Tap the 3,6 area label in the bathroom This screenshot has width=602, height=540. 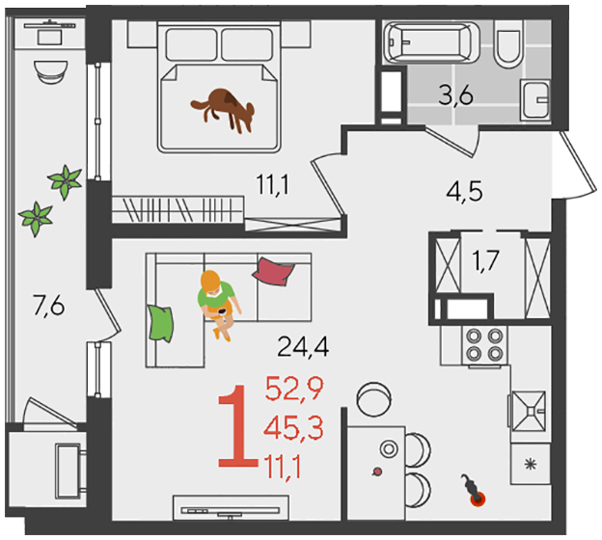pyautogui.click(x=455, y=95)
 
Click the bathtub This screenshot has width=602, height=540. pyautogui.click(x=432, y=42)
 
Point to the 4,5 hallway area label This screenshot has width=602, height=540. pyautogui.click(x=464, y=192)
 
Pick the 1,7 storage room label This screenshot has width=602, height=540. pyautogui.click(x=485, y=261)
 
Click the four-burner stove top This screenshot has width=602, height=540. pyautogui.click(x=485, y=344)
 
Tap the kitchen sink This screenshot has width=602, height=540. pyautogui.click(x=529, y=411)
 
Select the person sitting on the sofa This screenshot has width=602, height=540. pyautogui.click(x=218, y=304)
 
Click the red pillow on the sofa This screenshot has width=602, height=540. pyautogui.click(x=273, y=271)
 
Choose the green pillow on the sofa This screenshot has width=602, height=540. pyautogui.click(x=160, y=322)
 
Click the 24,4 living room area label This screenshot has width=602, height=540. pyautogui.click(x=303, y=346)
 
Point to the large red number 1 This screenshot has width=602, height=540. pyautogui.click(x=236, y=426)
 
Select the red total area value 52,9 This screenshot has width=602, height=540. pyautogui.click(x=294, y=389)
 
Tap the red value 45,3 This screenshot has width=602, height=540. pyautogui.click(x=293, y=428)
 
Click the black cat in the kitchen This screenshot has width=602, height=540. pyautogui.click(x=473, y=490)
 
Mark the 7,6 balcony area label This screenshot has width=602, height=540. pyautogui.click(x=49, y=307)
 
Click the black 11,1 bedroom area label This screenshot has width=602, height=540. pyautogui.click(x=273, y=184)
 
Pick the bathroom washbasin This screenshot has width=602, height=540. pyautogui.click(x=535, y=99)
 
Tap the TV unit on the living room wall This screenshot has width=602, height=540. pyautogui.click(x=231, y=507)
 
